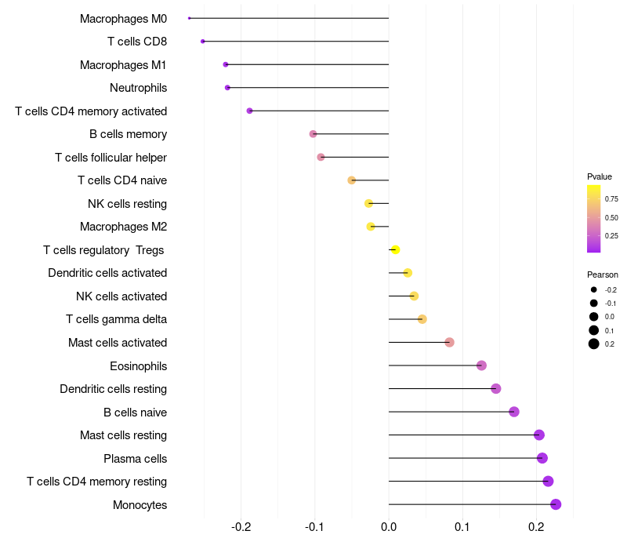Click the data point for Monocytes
[556, 504]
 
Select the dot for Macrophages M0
[190, 18]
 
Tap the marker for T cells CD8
[203, 41]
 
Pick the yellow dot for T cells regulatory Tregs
[396, 249]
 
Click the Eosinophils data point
[481, 365]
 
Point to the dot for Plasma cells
[542, 458]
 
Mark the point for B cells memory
[313, 134]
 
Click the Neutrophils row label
[138, 88]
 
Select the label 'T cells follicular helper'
[111, 158]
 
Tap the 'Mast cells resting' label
[123, 435]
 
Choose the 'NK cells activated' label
[121, 296]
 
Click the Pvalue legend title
[600, 176]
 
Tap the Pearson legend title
[603, 274]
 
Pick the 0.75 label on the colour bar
[611, 198]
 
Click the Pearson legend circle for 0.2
[594, 344]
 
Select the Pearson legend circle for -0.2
[594, 290]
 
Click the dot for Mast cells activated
[449, 342]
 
